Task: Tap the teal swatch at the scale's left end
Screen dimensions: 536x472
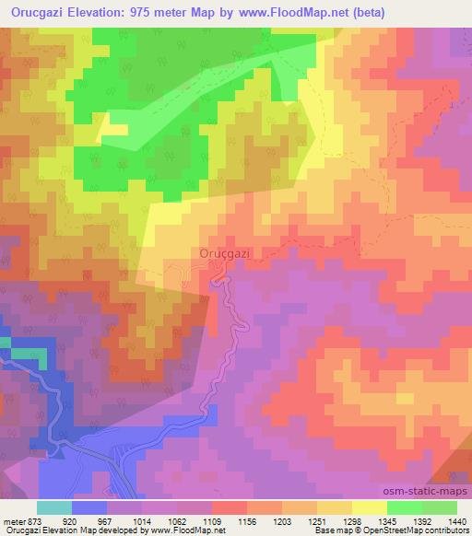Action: pyautogui.click(x=54, y=507)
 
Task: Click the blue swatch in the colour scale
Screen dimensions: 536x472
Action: pyautogui.click(x=89, y=507)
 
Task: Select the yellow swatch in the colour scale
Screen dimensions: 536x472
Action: pyautogui.click(x=369, y=507)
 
